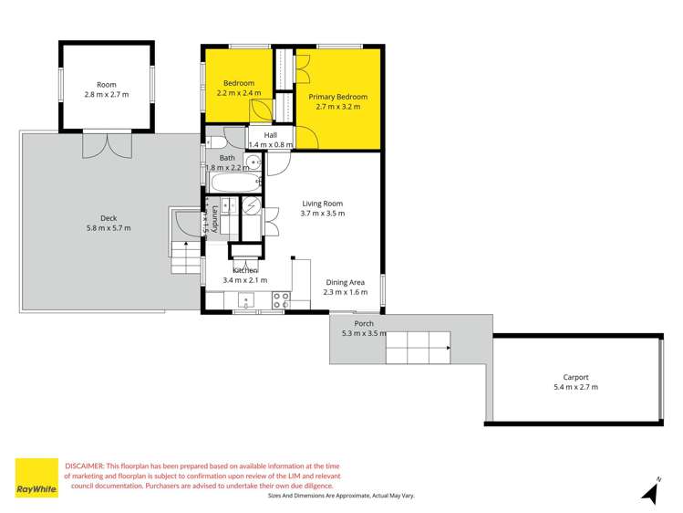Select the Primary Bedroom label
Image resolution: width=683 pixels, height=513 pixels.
pos(337,97)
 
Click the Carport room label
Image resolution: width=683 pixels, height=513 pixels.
pos(575,376)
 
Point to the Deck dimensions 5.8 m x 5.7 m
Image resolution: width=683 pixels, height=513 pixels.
pos(109,228)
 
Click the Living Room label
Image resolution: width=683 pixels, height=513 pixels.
pos(322,203)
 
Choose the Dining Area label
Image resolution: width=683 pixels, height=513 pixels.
pos(346,282)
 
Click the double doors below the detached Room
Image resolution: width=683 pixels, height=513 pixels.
pos(108,144)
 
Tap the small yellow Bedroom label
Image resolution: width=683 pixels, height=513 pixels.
pos(239,83)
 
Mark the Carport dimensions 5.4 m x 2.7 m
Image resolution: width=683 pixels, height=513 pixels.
pos(575,387)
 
